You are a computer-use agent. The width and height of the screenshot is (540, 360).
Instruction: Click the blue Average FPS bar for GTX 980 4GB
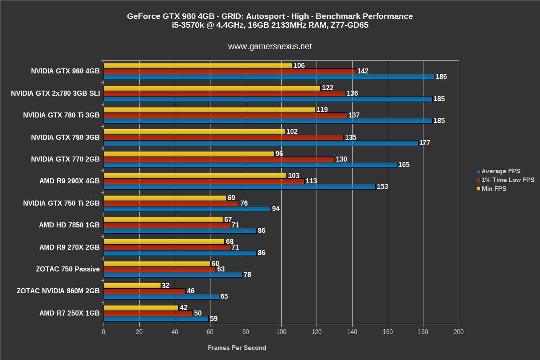point(268,77)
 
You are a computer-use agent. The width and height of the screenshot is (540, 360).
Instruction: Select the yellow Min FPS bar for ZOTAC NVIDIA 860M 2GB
point(132,286)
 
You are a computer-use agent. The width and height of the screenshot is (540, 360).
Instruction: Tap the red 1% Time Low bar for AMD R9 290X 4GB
point(204,181)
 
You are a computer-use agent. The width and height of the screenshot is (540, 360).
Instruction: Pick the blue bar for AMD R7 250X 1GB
point(156,319)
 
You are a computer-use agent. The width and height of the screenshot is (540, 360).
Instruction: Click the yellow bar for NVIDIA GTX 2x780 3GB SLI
point(212,88)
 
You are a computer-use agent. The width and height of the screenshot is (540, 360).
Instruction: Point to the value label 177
point(425,143)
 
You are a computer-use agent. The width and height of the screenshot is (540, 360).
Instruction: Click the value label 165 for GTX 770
point(404,165)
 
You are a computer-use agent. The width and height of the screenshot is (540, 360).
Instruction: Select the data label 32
point(166,286)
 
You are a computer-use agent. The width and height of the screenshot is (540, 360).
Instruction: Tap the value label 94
point(276,209)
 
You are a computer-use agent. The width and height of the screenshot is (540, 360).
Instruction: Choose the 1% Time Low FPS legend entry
point(508,180)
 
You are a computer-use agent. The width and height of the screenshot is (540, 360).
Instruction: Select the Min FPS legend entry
point(493,189)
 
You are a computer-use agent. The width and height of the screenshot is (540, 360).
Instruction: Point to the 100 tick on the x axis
point(281,332)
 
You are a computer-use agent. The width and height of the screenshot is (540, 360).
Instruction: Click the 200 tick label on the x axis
point(459,332)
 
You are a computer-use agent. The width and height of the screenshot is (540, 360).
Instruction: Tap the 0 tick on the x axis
point(104,332)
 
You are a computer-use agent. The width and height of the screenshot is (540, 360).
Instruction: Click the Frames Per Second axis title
point(237,348)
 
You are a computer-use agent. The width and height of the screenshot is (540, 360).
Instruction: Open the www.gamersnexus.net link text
point(270,47)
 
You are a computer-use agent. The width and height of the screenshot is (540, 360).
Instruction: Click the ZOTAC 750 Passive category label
point(68,269)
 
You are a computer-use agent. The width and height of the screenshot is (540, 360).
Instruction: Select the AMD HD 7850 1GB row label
point(69,225)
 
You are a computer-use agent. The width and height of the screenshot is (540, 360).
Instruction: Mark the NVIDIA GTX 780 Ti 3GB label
point(61,115)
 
